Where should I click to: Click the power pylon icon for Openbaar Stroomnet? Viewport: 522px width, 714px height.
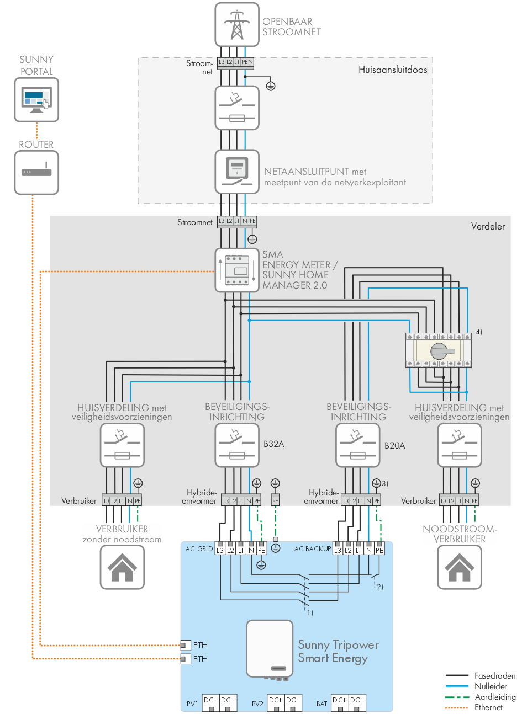[237, 25]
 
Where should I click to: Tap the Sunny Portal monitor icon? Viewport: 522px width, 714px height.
[36, 100]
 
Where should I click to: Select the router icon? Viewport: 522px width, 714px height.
[36, 172]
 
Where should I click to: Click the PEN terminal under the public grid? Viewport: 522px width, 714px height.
[247, 62]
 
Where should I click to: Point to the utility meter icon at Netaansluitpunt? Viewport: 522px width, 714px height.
[237, 171]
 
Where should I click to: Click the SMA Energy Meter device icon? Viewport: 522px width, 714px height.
[237, 270]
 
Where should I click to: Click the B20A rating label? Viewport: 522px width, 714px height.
[395, 446]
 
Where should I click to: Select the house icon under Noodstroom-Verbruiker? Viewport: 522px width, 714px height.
[459, 567]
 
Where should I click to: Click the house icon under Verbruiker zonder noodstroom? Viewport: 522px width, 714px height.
[122, 567]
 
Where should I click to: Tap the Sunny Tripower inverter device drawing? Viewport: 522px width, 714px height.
[270, 649]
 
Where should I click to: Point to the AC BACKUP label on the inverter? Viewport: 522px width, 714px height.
[313, 549]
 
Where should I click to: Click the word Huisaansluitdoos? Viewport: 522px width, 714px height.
[393, 70]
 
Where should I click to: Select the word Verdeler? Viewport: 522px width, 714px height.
[488, 226]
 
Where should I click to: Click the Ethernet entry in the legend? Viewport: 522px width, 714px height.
[488, 707]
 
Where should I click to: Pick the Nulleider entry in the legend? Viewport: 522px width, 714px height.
[491, 686]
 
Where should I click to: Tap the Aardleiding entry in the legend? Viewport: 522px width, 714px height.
[495, 697]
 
